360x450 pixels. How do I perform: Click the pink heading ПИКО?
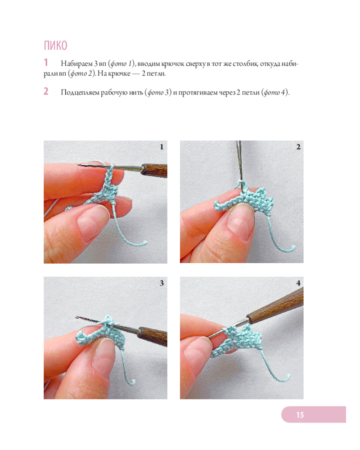click(x=55, y=45)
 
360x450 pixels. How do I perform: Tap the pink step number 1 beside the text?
click(x=45, y=62)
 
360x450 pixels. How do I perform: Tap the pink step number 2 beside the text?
click(x=46, y=91)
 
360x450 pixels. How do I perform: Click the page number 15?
click(x=300, y=415)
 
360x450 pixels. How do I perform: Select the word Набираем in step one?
click(x=76, y=64)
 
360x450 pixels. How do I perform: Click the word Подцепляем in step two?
click(x=80, y=93)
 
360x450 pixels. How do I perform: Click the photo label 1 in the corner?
click(x=162, y=147)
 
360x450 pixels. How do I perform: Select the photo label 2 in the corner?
click(x=298, y=147)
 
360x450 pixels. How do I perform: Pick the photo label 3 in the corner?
click(x=162, y=283)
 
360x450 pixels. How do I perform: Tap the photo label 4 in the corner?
click(x=298, y=283)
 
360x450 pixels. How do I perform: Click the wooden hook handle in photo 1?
click(x=154, y=171)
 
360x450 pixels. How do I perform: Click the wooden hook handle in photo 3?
click(x=153, y=336)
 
